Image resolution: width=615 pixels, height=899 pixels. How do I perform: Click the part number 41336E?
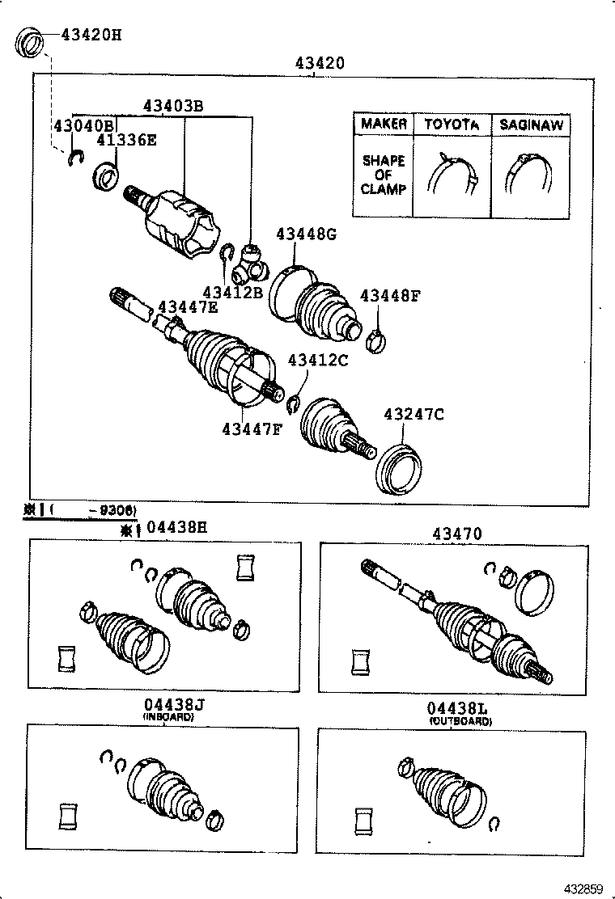(127, 140)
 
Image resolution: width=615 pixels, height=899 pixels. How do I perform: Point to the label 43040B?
(83, 125)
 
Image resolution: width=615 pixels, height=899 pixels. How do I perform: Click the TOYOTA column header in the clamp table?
(452, 125)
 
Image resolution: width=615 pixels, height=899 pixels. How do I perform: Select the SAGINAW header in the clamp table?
(531, 125)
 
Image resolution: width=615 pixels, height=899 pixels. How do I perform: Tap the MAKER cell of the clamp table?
(384, 124)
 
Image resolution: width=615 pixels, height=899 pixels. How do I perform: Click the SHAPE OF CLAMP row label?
(384, 175)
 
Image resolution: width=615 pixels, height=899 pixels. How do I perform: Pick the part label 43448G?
(306, 234)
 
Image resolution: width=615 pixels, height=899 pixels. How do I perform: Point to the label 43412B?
(232, 292)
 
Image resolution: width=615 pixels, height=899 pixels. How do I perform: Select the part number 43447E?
(187, 306)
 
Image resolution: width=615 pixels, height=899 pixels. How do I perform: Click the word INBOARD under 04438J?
(168, 717)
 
